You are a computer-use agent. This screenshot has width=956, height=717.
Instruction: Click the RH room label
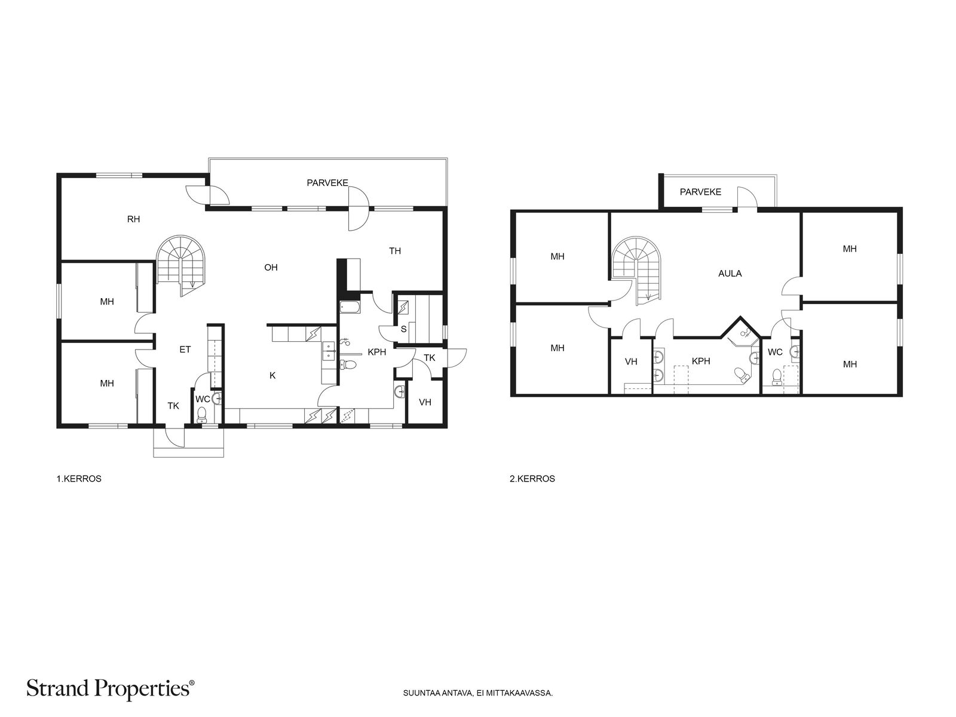(133, 219)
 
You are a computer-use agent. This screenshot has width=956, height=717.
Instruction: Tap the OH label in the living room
(271, 267)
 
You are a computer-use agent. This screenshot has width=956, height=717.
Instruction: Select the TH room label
(394, 251)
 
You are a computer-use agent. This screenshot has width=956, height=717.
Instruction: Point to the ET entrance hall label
(185, 349)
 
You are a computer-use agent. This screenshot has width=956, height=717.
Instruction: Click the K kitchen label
(272, 375)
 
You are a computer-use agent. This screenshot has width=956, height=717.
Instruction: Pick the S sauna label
(404, 329)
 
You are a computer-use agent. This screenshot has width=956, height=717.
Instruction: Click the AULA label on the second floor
(730, 274)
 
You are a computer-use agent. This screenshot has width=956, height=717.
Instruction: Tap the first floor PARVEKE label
(327, 183)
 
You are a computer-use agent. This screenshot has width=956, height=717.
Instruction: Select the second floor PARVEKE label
(700, 192)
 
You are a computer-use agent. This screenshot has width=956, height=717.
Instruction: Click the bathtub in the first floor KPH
(350, 307)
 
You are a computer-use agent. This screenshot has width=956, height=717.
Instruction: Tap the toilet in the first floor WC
(201, 415)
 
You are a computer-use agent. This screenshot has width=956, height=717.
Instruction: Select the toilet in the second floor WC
(777, 378)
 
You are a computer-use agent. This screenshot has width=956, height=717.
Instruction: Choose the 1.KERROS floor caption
(79, 479)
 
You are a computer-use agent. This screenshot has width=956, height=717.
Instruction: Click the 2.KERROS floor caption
(532, 479)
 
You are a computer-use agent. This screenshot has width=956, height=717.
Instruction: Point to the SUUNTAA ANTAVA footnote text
(478, 693)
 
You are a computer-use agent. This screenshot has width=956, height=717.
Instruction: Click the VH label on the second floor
(631, 361)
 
